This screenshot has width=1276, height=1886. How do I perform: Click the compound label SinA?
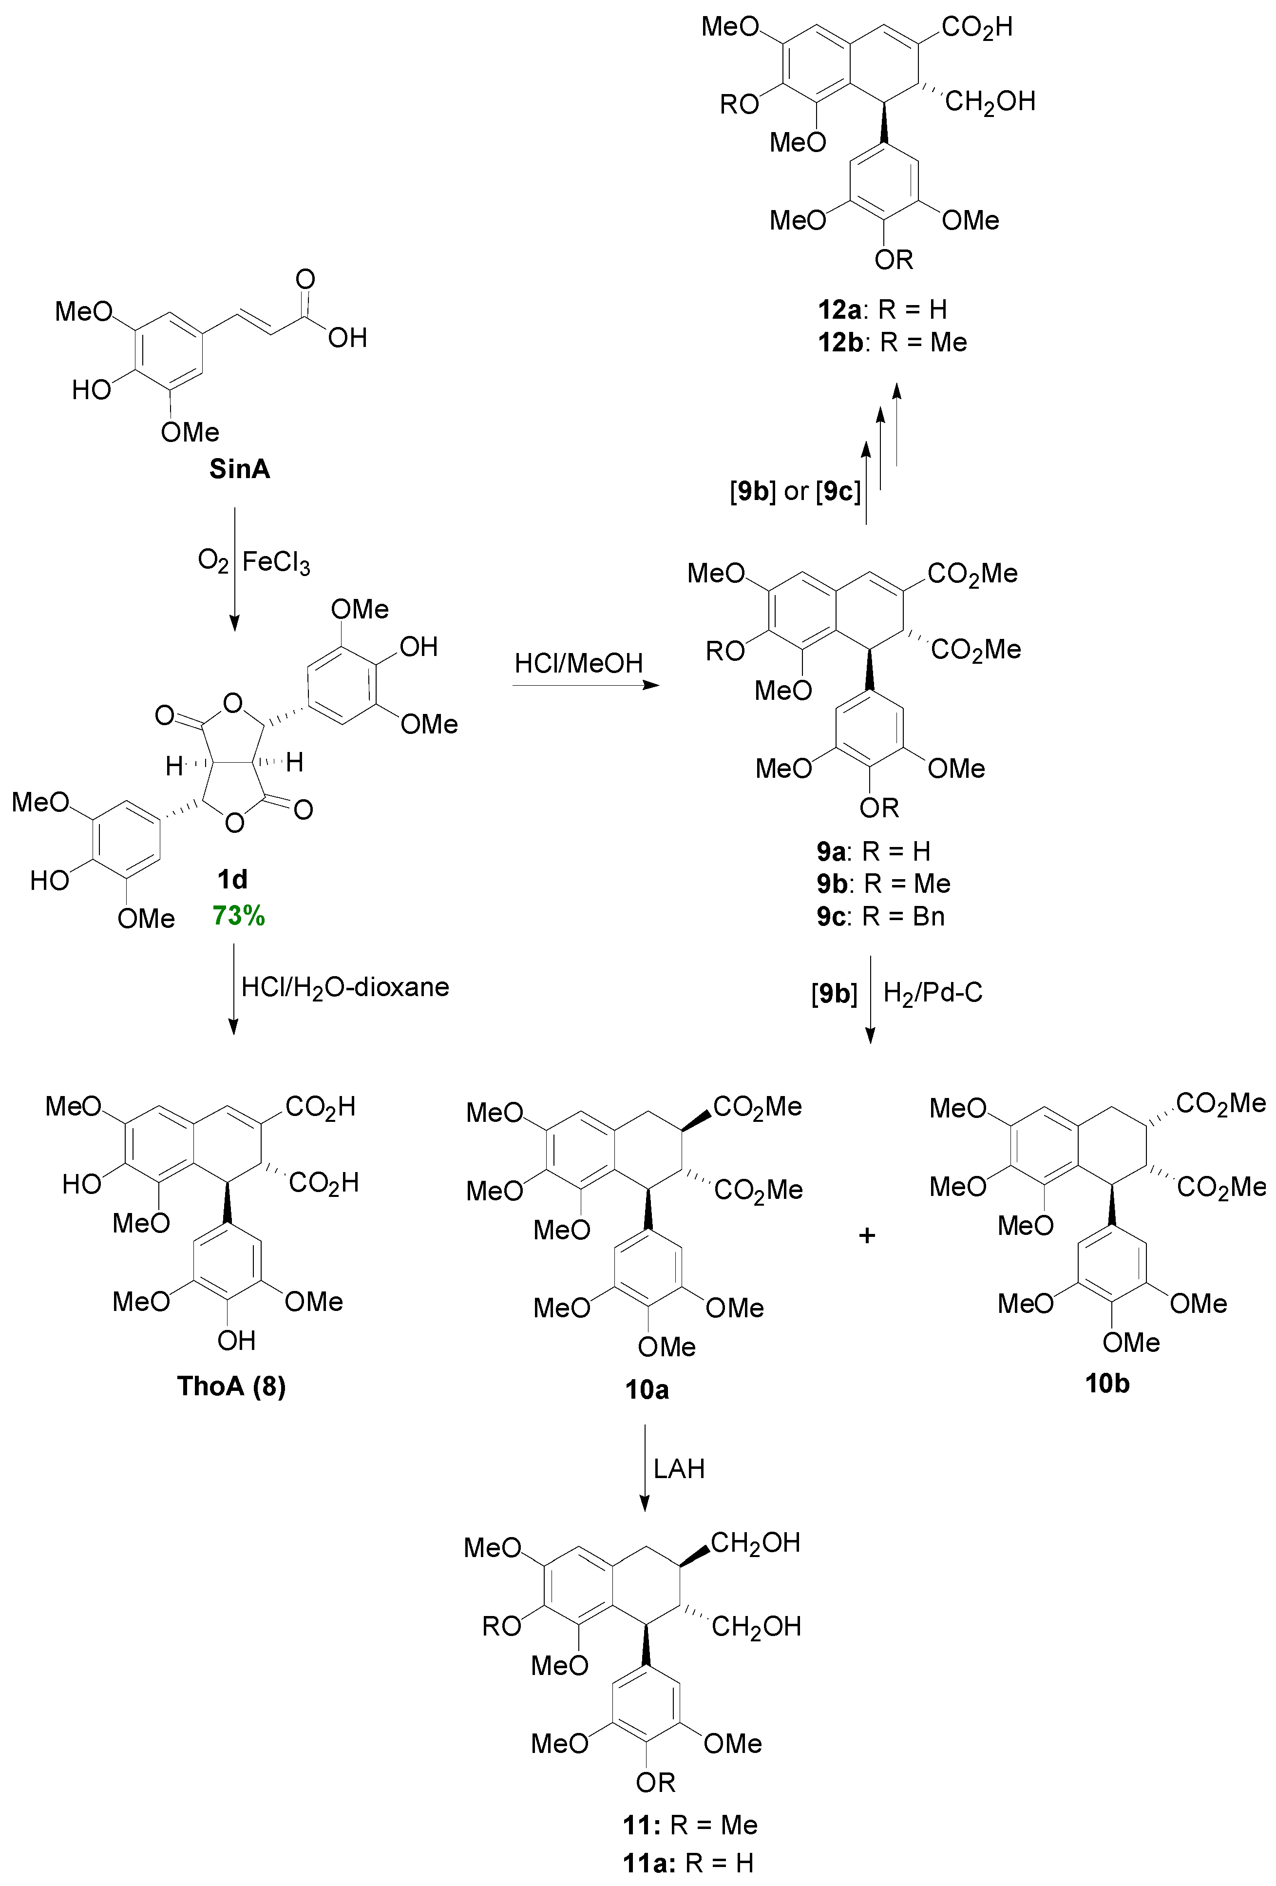click(x=239, y=469)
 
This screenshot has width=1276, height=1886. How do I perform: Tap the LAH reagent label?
click(x=679, y=1469)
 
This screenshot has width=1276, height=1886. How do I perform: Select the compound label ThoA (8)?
click(x=232, y=1386)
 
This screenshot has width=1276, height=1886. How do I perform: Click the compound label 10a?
click(x=647, y=1390)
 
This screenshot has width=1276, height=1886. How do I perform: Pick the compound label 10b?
click(x=1107, y=1384)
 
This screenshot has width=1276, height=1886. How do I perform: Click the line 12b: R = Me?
click(x=892, y=343)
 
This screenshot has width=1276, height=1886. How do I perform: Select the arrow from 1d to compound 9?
click(x=586, y=686)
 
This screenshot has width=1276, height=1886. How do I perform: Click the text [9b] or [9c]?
click(x=796, y=491)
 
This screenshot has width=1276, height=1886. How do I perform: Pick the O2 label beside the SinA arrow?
click(x=212, y=561)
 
